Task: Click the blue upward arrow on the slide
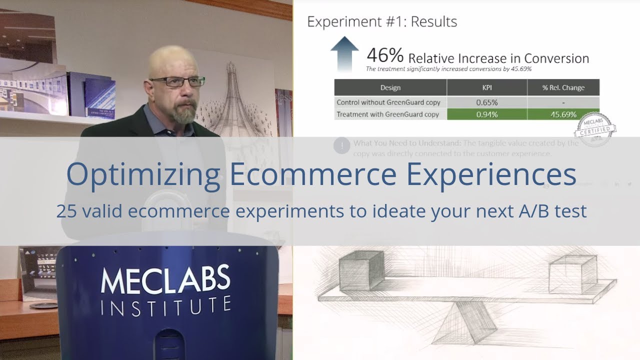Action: [x=344, y=53]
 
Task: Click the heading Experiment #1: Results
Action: [x=382, y=22]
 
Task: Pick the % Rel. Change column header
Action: [x=563, y=87]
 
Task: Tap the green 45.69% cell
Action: [x=563, y=114]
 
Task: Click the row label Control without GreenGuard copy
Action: [x=388, y=102]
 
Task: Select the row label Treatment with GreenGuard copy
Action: [x=388, y=114]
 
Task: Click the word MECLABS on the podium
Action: [x=165, y=280]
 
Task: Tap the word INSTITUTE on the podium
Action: [x=165, y=305]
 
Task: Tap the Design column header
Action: [x=390, y=87]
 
